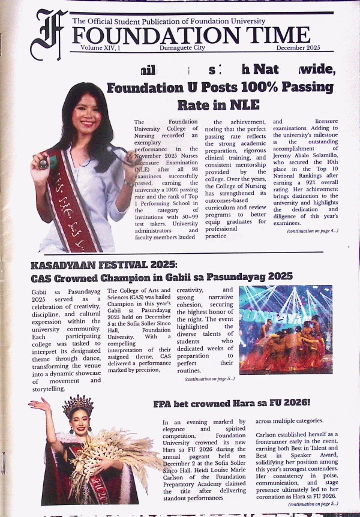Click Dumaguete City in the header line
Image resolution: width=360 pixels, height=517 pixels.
point(181,47)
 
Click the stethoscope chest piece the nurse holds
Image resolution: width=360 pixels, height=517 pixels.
point(43,163)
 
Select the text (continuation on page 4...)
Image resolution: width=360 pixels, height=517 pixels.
point(312,231)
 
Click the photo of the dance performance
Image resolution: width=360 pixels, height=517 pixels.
point(285,329)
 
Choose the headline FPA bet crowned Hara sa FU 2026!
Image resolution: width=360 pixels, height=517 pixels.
point(231,403)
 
